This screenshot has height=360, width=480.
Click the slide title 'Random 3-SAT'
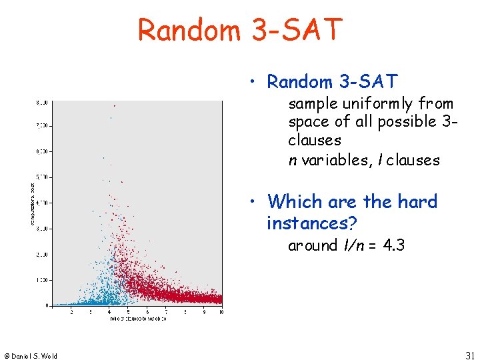click(x=240, y=30)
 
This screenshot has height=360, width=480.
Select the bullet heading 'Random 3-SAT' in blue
click(x=331, y=82)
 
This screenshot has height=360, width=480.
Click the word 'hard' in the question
click(x=416, y=201)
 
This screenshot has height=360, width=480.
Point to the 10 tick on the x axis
click(x=221, y=311)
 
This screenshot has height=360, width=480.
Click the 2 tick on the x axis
click(x=71, y=311)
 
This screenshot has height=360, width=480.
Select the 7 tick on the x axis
click(x=165, y=311)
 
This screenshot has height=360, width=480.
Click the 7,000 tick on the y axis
click(x=43, y=125)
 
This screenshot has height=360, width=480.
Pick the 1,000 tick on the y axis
click(x=43, y=280)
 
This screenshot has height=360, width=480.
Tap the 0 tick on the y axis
click(x=47, y=305)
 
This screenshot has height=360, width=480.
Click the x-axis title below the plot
click(x=137, y=319)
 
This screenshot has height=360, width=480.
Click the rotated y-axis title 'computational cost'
click(x=33, y=203)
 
